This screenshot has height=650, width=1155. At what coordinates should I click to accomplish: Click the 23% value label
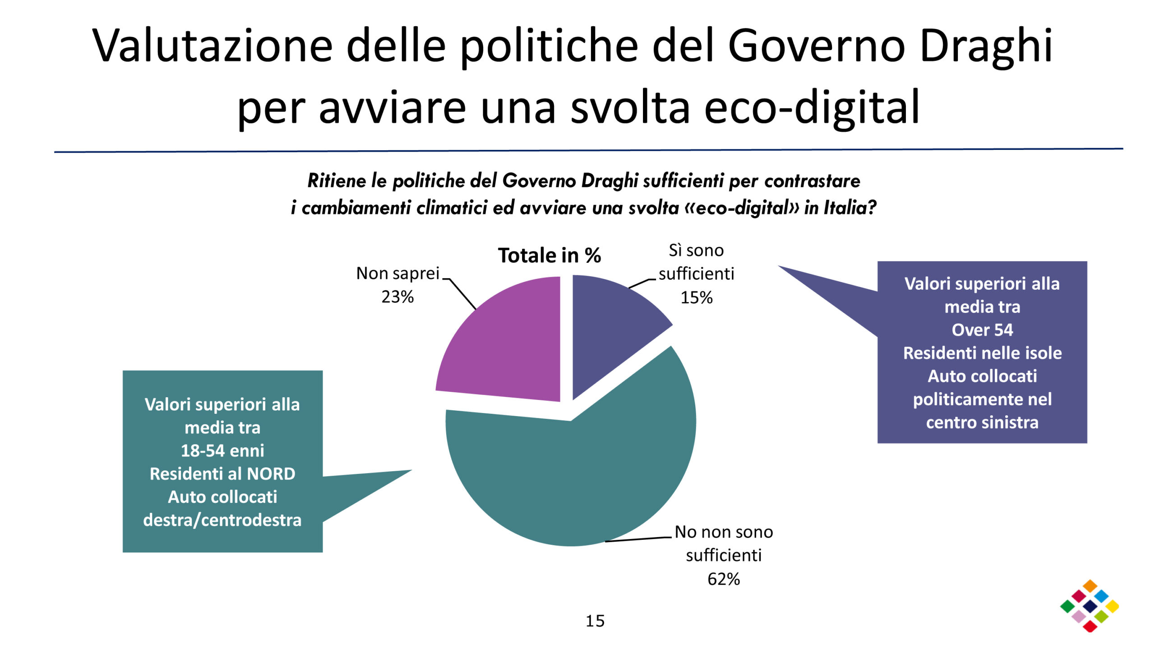click(397, 297)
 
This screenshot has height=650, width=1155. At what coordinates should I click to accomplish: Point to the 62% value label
click(723, 579)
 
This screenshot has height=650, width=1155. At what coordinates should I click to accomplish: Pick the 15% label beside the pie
click(696, 298)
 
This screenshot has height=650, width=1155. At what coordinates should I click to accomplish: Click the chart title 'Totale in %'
click(549, 255)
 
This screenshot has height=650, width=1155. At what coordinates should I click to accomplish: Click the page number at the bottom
click(595, 621)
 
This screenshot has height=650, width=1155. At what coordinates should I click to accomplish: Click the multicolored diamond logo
click(1090, 606)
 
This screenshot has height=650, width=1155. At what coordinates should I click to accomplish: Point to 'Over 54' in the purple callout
click(982, 330)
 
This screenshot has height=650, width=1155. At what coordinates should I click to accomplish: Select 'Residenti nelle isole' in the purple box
click(982, 353)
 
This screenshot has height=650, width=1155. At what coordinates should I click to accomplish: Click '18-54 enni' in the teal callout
click(222, 450)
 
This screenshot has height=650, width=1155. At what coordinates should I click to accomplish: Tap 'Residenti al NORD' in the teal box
click(222, 474)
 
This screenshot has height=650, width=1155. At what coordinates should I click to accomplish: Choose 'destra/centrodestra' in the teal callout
click(222, 520)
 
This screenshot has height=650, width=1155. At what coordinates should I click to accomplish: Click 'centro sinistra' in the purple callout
click(982, 422)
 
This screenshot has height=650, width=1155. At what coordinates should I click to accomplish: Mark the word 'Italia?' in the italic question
click(850, 208)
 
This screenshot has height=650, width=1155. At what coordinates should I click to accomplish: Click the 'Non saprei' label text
click(397, 274)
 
